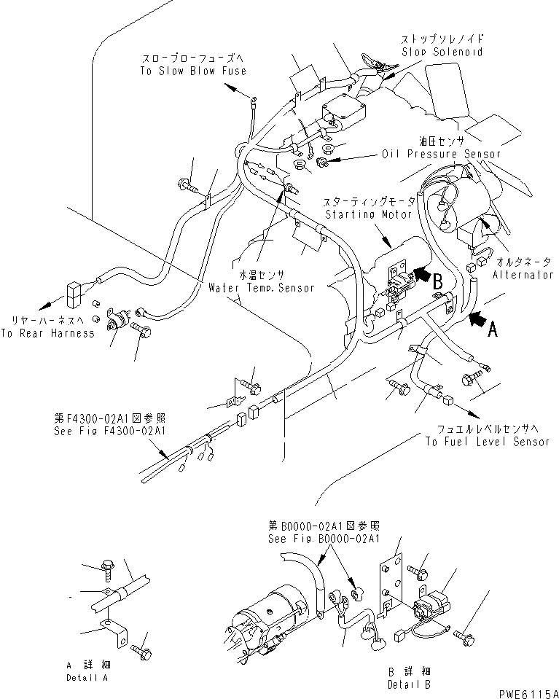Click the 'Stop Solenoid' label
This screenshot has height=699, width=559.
click(442, 52)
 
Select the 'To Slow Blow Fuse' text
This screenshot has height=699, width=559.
click(193, 71)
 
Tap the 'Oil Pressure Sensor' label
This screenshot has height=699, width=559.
click(442, 155)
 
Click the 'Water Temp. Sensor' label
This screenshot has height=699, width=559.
click(261, 288)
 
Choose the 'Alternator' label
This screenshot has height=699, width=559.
click(523, 275)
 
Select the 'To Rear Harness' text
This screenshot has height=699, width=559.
click(47, 333)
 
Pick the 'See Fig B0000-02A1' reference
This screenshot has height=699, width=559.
click(324, 538)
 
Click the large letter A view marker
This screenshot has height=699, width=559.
click(493, 329)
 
